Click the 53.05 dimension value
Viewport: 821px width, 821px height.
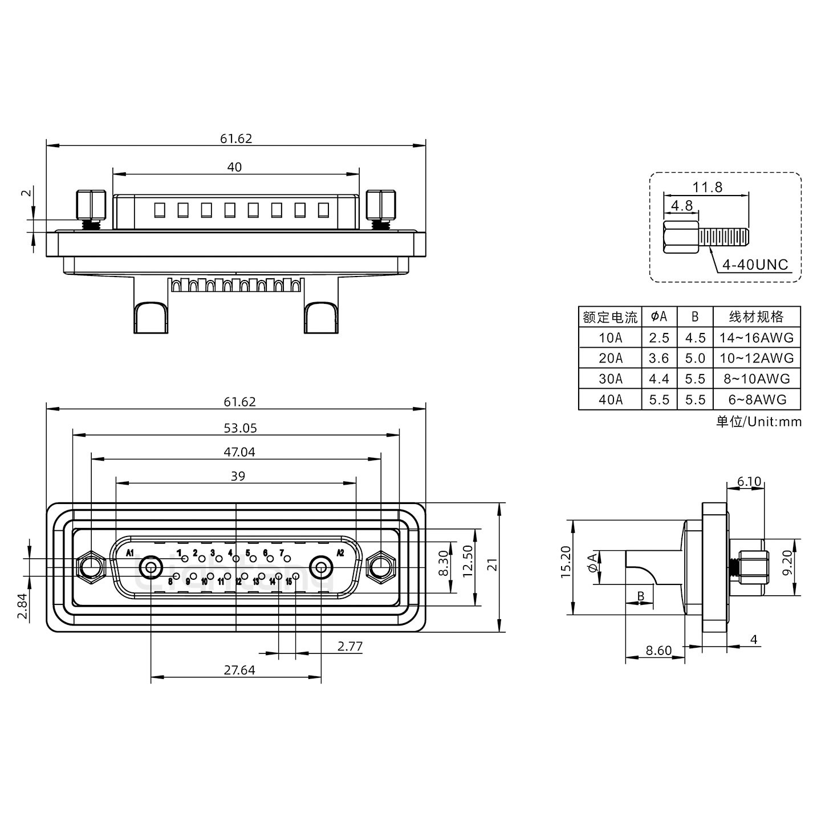239,428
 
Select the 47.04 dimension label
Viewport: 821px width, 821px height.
239,452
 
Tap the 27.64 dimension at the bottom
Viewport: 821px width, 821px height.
239,670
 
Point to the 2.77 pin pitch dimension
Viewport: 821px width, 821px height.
349,646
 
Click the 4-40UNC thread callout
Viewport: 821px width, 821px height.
755,265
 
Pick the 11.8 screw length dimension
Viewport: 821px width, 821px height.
708,187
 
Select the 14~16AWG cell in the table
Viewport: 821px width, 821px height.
756,338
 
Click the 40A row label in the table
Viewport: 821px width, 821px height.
610,400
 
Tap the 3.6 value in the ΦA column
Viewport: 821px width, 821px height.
659,358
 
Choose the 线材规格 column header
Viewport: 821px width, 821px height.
756,316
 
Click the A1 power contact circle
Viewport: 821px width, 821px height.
151,567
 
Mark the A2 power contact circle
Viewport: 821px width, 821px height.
322,567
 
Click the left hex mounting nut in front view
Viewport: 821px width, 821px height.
90,567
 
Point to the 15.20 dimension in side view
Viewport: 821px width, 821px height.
565,562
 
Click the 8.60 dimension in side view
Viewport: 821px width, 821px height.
659,651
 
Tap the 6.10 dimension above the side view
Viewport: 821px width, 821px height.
749,482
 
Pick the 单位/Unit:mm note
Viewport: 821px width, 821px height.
758,421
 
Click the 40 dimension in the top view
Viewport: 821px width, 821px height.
234,167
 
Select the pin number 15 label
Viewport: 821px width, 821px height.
289,582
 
